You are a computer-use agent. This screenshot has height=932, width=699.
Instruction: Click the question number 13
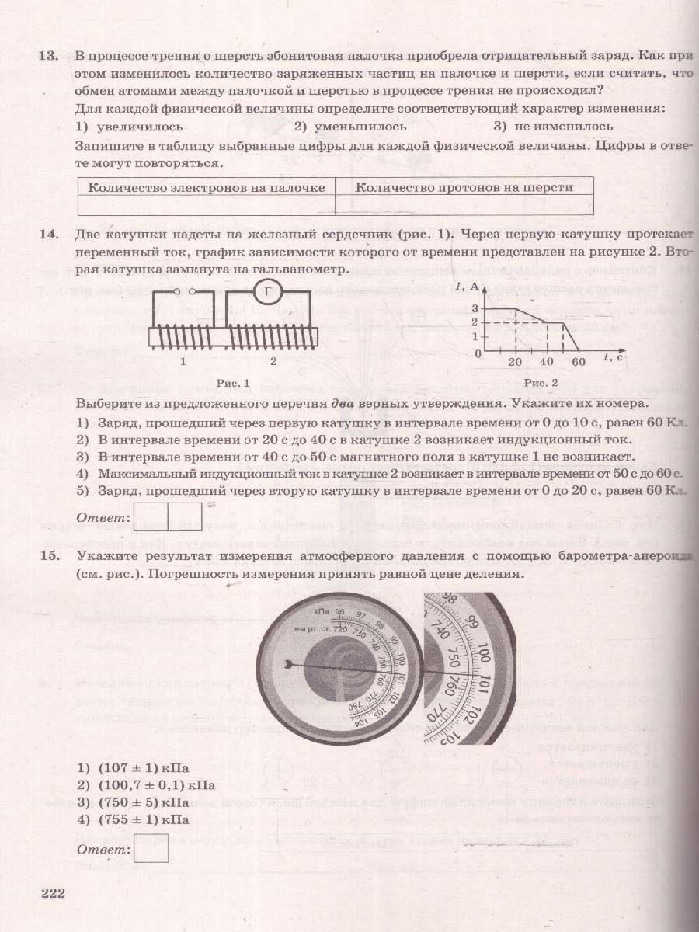coord(48,57)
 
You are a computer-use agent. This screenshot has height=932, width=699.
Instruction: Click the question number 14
coord(48,235)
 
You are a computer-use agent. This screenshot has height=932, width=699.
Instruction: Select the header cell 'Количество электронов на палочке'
coord(207,187)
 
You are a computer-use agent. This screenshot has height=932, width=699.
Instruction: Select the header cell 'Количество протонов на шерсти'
coord(464,187)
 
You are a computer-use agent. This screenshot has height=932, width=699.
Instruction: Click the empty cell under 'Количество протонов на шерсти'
coord(464,205)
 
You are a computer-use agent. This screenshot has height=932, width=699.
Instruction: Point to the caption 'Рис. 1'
coord(233,384)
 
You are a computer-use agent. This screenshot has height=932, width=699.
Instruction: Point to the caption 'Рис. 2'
coord(541,383)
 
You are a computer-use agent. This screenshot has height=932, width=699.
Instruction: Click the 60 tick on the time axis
coord(578,363)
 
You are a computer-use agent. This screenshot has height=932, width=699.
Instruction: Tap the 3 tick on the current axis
coord(475,309)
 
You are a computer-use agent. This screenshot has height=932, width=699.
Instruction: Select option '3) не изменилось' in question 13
coord(552,126)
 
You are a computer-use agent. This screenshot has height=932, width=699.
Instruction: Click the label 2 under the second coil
coord(273,362)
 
